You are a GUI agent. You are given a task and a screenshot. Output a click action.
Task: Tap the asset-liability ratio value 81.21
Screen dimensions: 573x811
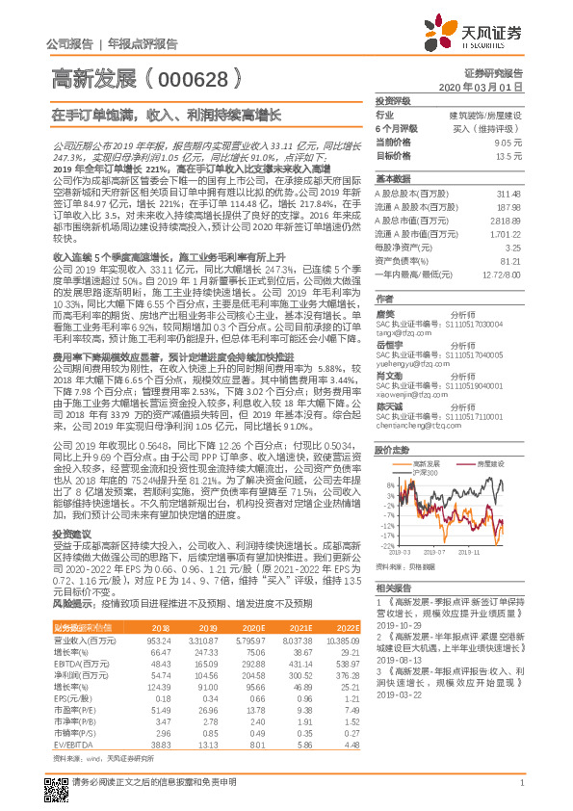pyautogui.click(x=510, y=260)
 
